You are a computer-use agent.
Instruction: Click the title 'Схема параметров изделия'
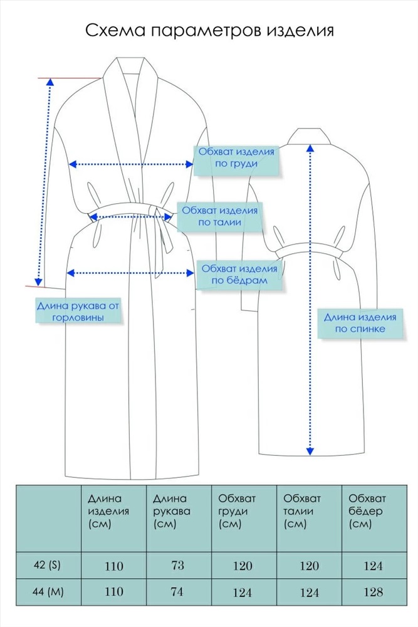point(209,31)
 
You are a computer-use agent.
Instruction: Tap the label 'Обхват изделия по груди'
point(236,157)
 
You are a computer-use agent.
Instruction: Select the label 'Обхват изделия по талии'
point(220,216)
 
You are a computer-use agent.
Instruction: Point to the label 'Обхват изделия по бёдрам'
point(239,275)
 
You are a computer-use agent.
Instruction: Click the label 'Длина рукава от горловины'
point(78,312)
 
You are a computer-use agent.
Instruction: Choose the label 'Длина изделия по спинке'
point(360,323)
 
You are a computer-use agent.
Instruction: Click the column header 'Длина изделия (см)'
point(108,511)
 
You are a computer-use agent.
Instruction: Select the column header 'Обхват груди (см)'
point(236,511)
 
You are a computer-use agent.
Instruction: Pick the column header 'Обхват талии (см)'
point(301,511)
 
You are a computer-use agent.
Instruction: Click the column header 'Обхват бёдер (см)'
point(367,511)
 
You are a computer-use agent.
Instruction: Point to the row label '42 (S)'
point(47,566)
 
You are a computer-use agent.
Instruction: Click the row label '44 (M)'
point(48,592)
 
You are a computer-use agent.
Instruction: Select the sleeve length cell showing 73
point(177,566)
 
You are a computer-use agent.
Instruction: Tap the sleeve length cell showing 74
point(177,592)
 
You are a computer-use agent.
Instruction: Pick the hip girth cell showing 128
point(374,593)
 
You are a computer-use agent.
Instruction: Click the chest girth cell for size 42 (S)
point(243,566)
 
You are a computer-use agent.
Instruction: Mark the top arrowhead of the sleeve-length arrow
point(50,82)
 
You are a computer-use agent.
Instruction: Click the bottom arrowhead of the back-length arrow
point(310,451)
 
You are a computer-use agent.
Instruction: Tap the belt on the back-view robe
point(310,251)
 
